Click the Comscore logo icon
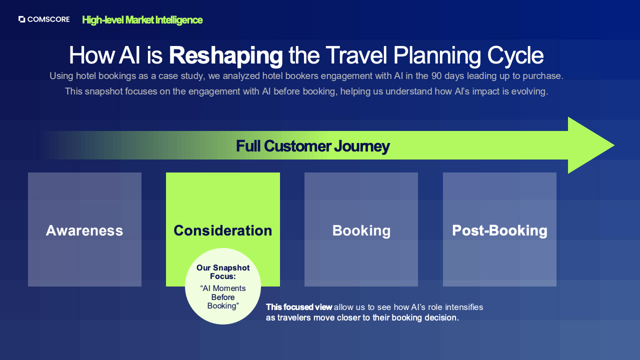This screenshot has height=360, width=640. click(21, 19)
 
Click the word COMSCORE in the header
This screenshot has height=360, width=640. click(48, 19)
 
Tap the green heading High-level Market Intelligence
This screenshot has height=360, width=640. click(142, 20)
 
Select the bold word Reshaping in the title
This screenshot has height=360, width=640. click(225, 55)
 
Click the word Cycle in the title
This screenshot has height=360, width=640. click(515, 55)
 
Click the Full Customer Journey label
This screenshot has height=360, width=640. click(313, 146)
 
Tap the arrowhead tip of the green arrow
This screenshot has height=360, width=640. click(614, 145)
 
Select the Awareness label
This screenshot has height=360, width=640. click(84, 230)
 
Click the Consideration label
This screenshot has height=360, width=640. click(223, 230)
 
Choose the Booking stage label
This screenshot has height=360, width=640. click(361, 231)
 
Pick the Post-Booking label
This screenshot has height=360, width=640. click(499, 230)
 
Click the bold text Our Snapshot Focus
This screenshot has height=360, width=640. click(223, 272)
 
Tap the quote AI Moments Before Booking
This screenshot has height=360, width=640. click(223, 297)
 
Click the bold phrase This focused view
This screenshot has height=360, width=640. click(299, 307)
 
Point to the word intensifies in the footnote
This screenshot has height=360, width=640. click(464, 307)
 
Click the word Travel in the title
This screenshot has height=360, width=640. click(356, 55)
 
